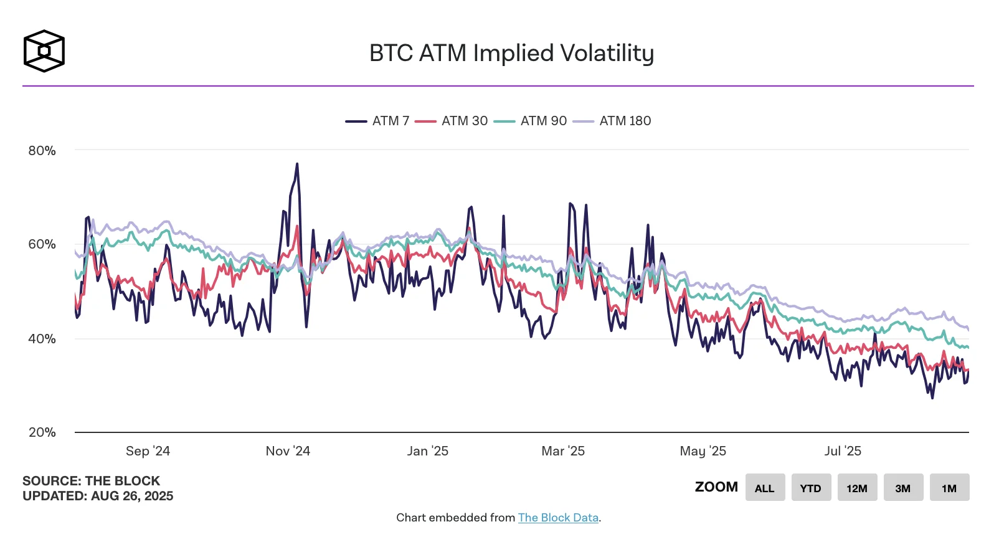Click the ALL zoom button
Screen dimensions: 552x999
click(x=764, y=488)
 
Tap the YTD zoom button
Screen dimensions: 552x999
click(x=810, y=488)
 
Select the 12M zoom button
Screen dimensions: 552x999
click(x=856, y=488)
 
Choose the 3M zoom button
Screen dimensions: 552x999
click(x=902, y=488)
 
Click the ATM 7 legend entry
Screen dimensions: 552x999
click(x=377, y=121)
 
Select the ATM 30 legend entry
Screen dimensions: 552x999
click(x=452, y=121)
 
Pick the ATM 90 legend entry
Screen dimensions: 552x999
click(x=531, y=121)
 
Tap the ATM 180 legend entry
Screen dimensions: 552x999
click(x=612, y=121)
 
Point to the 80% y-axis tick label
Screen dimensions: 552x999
click(x=42, y=151)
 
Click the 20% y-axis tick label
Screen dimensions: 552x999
click(x=42, y=432)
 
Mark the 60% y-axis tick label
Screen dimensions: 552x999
click(x=42, y=244)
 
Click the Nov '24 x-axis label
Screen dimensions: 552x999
click(x=288, y=451)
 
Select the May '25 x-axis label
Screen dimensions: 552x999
click(x=703, y=451)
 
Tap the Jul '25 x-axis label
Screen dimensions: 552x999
click(x=843, y=451)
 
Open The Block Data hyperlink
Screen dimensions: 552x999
click(x=558, y=518)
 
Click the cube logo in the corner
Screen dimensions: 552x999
click(x=44, y=51)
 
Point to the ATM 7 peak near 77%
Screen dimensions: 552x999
click(x=297, y=164)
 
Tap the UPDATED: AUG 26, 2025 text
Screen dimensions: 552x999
click(x=98, y=497)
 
